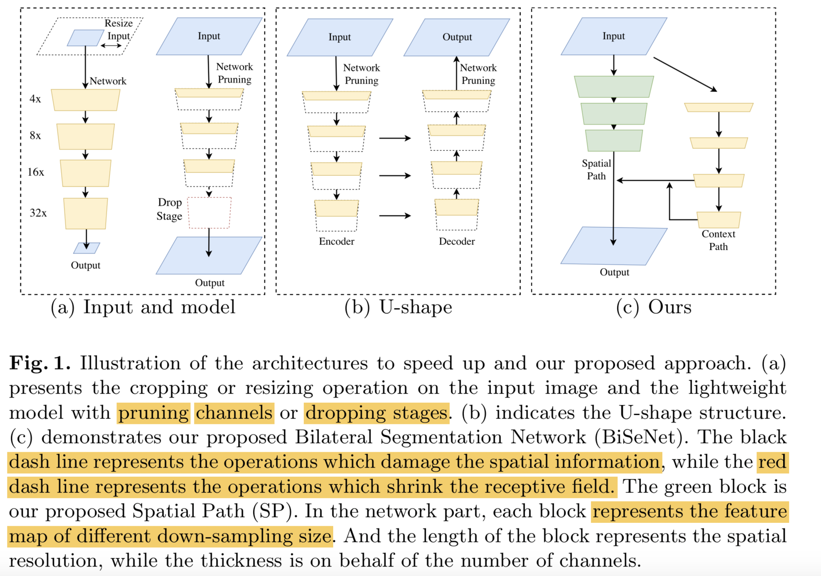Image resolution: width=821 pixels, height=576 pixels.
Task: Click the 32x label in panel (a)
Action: click(x=38, y=213)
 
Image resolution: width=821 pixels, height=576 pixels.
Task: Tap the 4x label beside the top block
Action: click(x=35, y=99)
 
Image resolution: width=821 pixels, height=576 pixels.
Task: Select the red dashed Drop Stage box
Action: click(x=209, y=213)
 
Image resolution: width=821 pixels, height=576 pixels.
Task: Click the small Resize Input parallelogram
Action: click(x=85, y=38)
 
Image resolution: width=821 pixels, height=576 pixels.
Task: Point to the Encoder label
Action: click(x=337, y=241)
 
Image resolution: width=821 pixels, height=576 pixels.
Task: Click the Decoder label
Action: click(x=457, y=241)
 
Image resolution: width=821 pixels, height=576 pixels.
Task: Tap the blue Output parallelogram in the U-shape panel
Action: click(x=457, y=37)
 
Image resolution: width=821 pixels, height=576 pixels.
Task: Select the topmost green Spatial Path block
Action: click(x=613, y=86)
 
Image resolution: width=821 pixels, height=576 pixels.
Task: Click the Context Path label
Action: click(x=718, y=240)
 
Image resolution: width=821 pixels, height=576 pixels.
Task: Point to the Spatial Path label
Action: click(x=596, y=170)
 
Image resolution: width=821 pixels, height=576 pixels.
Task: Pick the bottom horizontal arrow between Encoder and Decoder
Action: click(x=395, y=216)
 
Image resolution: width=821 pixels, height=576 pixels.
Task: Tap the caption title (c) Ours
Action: click(x=654, y=308)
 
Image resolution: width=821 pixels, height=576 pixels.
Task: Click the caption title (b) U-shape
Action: click(x=398, y=308)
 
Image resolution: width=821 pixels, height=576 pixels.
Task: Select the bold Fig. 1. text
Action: click(x=39, y=363)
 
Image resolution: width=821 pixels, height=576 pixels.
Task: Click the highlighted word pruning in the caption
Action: click(x=153, y=413)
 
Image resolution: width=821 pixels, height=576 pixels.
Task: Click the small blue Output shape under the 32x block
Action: click(x=86, y=248)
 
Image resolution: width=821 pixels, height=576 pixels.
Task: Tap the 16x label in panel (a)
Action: click(x=36, y=172)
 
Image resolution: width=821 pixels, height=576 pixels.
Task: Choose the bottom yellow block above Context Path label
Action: click(x=718, y=219)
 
